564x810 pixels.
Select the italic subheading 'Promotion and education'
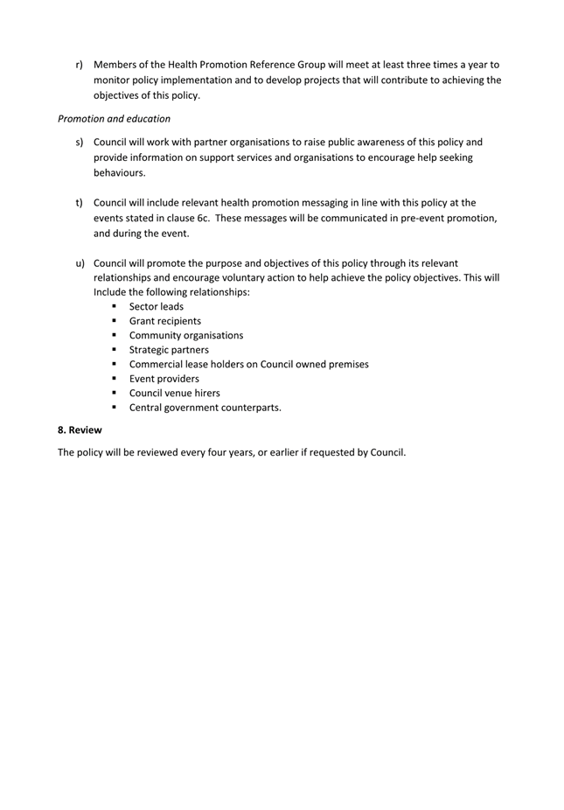(114, 118)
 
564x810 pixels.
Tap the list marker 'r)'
(80, 65)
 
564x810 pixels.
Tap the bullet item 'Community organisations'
(185, 335)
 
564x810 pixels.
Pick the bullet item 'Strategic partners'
(169, 350)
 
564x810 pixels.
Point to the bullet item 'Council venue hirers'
(174, 393)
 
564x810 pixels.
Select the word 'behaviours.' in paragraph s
(120, 173)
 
